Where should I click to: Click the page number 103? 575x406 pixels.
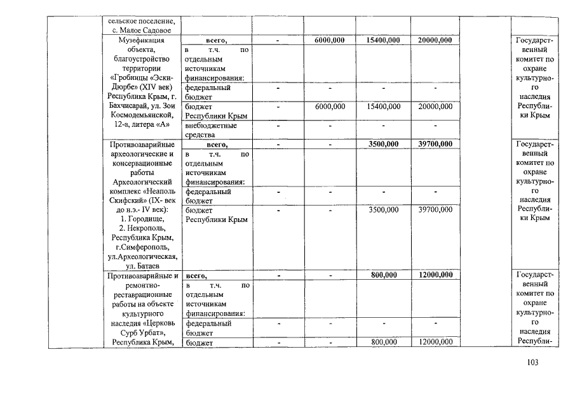532,362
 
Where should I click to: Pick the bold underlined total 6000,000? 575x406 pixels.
330,40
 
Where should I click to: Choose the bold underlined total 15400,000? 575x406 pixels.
383,40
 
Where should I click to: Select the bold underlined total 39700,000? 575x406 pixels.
435,144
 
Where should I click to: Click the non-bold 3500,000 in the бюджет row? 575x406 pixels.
383,209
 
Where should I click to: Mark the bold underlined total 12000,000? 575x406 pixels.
435,275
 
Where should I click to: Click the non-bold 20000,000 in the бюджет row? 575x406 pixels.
435,107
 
